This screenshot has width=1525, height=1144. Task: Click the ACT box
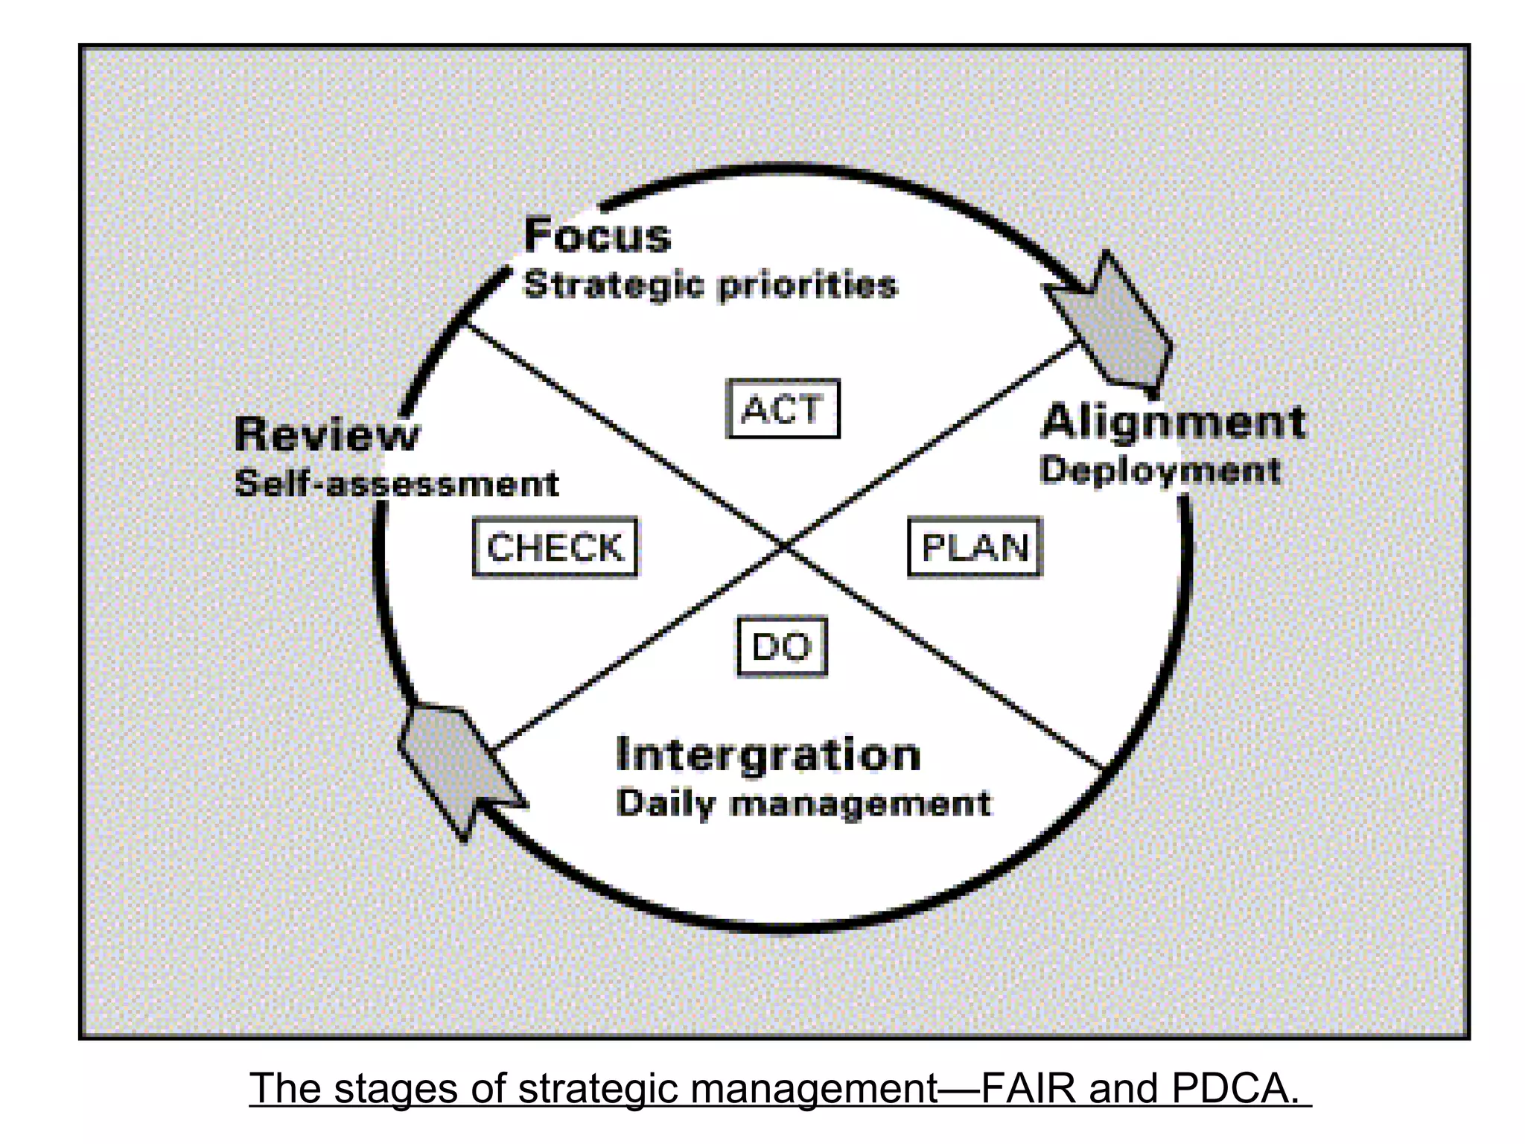(783, 409)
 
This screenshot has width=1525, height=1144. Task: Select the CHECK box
(555, 547)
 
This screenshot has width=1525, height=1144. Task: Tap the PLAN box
(975, 547)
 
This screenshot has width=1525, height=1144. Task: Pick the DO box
(782, 646)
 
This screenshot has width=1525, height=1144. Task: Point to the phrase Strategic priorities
(710, 285)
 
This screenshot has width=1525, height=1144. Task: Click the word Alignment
(1173, 422)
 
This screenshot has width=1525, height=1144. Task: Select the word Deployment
(1160, 470)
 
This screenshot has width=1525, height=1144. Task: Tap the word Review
(327, 434)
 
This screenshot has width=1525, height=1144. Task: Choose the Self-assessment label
(396, 484)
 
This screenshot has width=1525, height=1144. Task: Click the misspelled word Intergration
(768, 754)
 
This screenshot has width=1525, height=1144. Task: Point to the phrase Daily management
(803, 804)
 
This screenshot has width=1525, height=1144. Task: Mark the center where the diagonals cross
(784, 547)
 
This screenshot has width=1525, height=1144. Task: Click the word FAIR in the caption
(1028, 1088)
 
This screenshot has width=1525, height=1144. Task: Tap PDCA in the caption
(1234, 1088)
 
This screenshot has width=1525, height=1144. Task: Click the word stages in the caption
(395, 1088)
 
